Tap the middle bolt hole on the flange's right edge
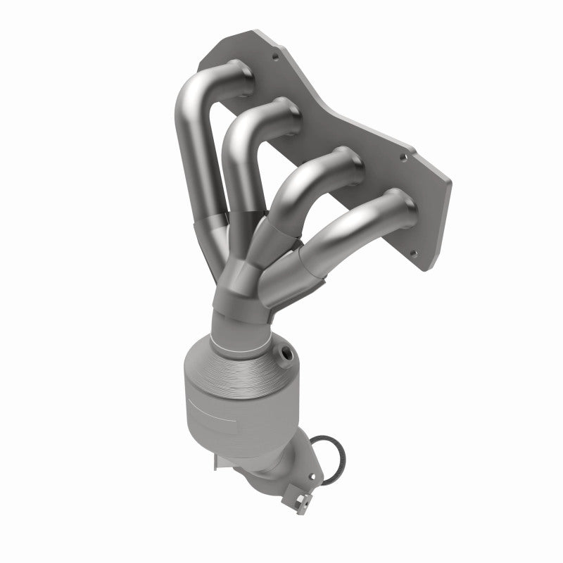(x=403, y=158)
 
